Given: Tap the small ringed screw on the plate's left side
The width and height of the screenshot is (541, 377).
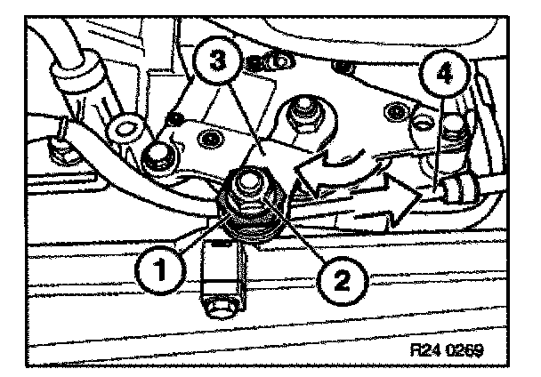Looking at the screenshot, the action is click(211, 138).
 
